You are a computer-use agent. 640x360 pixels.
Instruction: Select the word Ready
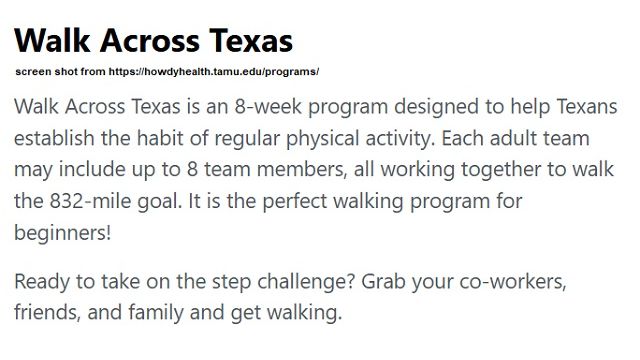click(x=42, y=279)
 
